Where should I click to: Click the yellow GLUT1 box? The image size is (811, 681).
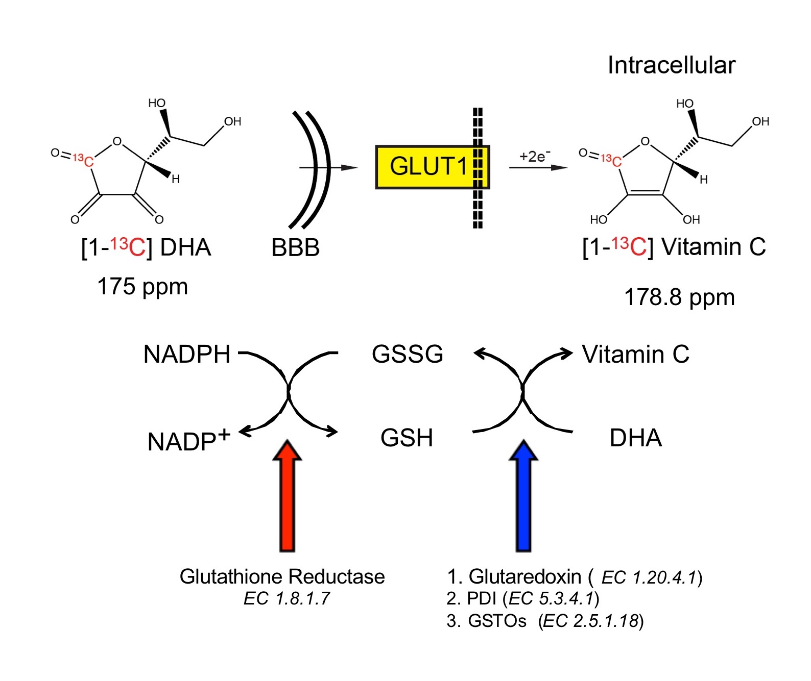coord(432,167)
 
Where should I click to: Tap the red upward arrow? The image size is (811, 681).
coord(288,497)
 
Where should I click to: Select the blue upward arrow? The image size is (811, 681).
coord(523,497)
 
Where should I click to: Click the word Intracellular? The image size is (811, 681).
coord(671,65)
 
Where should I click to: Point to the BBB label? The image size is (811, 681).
coord(295,248)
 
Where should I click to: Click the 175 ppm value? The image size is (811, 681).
coord(142,287)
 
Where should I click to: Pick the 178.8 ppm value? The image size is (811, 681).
coord(679,297)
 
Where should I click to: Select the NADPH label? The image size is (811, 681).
coord(187,354)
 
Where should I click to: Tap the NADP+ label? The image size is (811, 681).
coord(188,440)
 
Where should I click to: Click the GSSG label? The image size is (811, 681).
coord(408,354)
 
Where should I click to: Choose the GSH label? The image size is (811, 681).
coord(407,438)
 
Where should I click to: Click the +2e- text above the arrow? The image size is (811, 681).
coord(534,156)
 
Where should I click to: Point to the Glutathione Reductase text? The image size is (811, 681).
coord(282,576)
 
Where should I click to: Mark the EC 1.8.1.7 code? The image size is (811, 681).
coord(287,598)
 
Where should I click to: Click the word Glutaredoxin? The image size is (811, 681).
coord(525,576)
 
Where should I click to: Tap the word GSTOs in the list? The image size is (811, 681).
coord(497,621)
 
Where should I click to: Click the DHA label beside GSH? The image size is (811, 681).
coord(636,438)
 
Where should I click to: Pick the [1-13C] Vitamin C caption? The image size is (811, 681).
coord(674,247)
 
